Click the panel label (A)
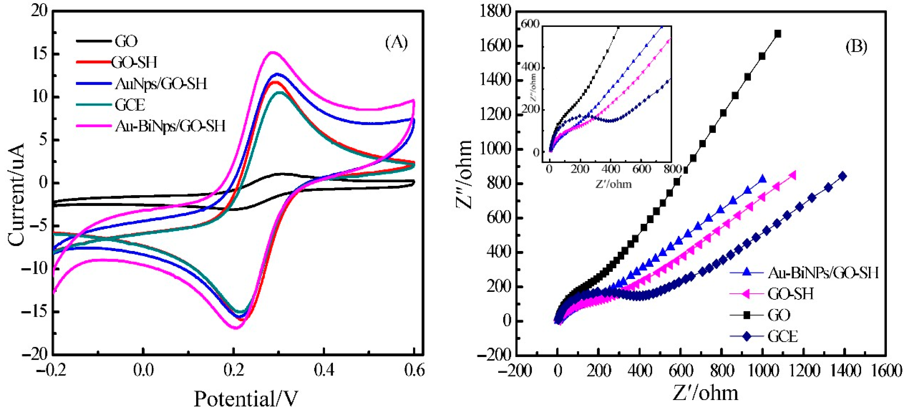[396, 43]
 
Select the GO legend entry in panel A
[126, 41]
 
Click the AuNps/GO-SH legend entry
[161, 84]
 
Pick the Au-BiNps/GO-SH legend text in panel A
[170, 126]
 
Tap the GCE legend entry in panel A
[130, 105]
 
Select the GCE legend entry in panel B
[783, 337]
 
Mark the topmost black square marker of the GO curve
[778, 34]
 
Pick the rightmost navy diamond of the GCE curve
[842, 176]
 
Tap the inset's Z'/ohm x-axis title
[613, 184]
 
